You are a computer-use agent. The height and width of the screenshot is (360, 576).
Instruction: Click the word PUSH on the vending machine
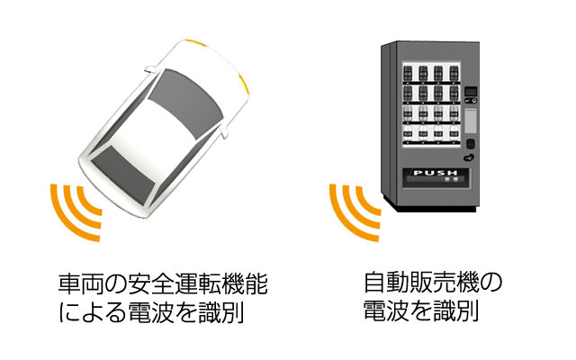(436, 173)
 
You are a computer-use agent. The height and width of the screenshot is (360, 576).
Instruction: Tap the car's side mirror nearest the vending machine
(224, 132)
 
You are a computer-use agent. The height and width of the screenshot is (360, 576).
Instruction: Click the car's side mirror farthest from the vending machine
(150, 68)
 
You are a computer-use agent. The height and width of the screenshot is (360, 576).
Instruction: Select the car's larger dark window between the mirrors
(186, 103)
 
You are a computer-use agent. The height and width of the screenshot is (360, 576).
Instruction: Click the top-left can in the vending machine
(408, 74)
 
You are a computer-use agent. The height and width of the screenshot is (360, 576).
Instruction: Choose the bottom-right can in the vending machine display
(454, 133)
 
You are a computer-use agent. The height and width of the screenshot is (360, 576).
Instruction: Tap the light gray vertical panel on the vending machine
(471, 121)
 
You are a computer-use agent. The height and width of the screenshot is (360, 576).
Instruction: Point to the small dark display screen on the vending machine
(471, 91)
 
